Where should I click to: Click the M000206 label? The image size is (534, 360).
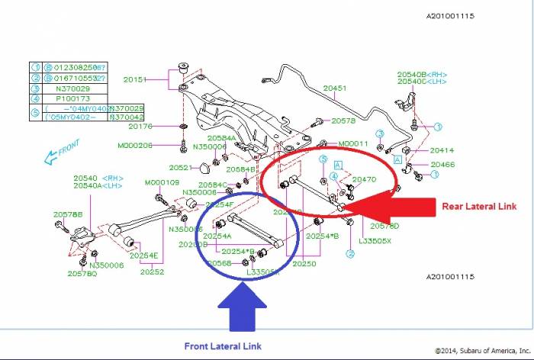click(135, 145)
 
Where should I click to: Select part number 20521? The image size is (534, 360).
click(181, 167)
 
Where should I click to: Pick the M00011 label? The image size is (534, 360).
click(353, 143)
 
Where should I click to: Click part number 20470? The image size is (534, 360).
click(363, 179)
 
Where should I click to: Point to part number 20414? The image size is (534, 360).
click(442, 150)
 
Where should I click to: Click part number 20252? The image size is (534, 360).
click(153, 272)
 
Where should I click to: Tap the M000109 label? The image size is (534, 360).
click(162, 182)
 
